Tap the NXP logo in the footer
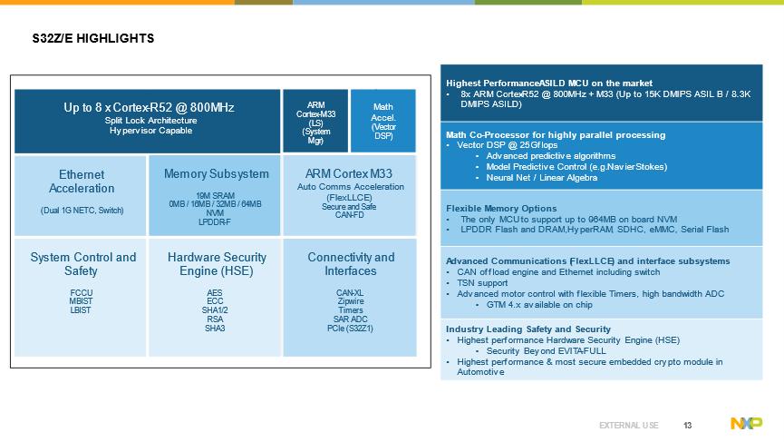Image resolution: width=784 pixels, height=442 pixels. coord(746,424)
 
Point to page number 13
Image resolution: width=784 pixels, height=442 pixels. coord(688,425)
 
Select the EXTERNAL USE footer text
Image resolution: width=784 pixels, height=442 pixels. coord(629,425)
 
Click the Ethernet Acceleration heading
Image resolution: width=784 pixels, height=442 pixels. coord(82,182)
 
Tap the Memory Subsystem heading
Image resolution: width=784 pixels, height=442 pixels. coord(216,174)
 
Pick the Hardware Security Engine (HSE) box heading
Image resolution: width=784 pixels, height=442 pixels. coord(216,264)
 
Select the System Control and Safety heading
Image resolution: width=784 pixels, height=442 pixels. coord(82,264)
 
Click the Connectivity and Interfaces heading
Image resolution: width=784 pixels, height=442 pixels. coord(350,264)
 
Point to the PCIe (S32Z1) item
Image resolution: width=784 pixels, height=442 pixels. coord(350,329)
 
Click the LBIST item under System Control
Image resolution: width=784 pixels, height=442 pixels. coord(81,310)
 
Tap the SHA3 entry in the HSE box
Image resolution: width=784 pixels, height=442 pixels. coord(215,329)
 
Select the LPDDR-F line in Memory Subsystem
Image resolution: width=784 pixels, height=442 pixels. coord(216,221)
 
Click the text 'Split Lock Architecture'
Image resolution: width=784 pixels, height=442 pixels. coord(149,121)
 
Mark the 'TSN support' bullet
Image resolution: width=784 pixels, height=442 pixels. coord(482,283)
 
